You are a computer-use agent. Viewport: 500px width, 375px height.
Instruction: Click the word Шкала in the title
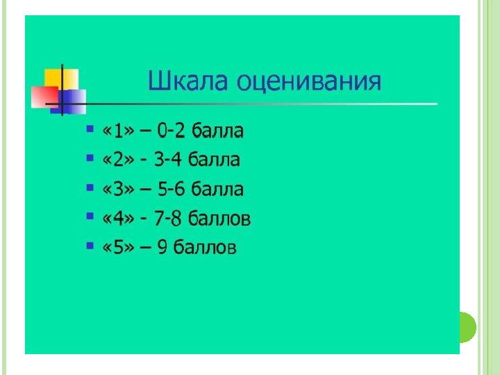[x=188, y=81]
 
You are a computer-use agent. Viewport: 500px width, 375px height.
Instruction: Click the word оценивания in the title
[x=309, y=82]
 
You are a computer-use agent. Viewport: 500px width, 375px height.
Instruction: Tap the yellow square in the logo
[x=62, y=78]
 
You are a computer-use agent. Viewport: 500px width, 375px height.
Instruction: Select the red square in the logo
[x=44, y=97]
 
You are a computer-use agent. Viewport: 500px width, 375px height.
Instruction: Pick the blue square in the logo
[x=68, y=101]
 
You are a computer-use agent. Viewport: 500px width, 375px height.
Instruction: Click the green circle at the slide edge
[x=468, y=327]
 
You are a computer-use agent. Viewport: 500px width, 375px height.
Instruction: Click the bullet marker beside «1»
[x=90, y=129]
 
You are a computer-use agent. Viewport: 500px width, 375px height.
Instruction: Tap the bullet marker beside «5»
[x=90, y=246]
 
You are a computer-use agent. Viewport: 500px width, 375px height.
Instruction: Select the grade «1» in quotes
[x=118, y=131]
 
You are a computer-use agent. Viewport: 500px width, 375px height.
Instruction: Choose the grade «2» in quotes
[x=118, y=160]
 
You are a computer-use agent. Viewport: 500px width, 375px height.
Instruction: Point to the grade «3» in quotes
[x=118, y=189]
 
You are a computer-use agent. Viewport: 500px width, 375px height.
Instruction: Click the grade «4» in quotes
[x=118, y=219]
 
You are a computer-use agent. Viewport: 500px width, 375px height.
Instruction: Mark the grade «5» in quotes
[x=118, y=247]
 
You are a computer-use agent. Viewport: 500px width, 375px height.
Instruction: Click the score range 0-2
[x=171, y=131]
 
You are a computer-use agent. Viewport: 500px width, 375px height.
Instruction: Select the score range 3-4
[x=168, y=160]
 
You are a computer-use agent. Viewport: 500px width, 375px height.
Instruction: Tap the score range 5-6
[x=172, y=189]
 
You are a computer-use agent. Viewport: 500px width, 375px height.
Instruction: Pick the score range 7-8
[x=168, y=219]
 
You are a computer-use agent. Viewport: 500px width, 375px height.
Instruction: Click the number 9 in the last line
[x=162, y=247]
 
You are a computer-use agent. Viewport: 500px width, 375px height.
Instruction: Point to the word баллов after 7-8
[x=219, y=219]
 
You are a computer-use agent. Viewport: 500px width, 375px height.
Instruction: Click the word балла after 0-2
[x=218, y=131]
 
